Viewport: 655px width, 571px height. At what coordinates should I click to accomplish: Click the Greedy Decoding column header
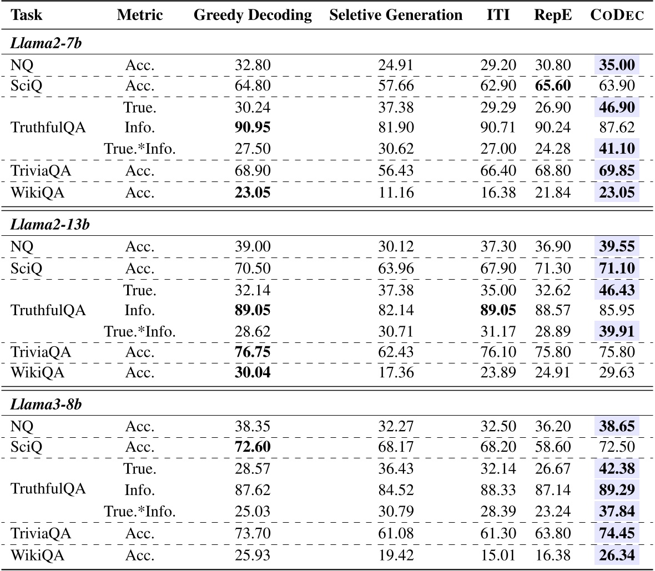[x=253, y=16]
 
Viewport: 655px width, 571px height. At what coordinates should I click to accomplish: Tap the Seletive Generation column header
[x=396, y=16]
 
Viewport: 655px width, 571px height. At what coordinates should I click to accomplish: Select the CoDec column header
[x=617, y=16]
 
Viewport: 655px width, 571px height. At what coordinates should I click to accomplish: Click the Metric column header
[x=140, y=16]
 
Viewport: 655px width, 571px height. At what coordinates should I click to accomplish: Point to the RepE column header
[x=552, y=16]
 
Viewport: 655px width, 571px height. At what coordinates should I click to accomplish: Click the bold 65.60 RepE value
[x=552, y=86]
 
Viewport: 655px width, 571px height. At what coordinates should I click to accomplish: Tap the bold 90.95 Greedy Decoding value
[x=253, y=128]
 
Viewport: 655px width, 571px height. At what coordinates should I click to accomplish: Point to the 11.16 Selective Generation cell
[x=396, y=193]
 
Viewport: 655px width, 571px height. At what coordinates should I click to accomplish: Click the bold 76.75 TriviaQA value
[x=253, y=352]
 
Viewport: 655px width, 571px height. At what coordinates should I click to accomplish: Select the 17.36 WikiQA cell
[x=396, y=372]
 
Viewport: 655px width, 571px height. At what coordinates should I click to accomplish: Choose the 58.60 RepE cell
[x=552, y=447]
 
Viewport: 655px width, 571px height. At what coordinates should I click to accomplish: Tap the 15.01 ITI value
[x=498, y=554]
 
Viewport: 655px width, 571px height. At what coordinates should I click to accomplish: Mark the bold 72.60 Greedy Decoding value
[x=253, y=447]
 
